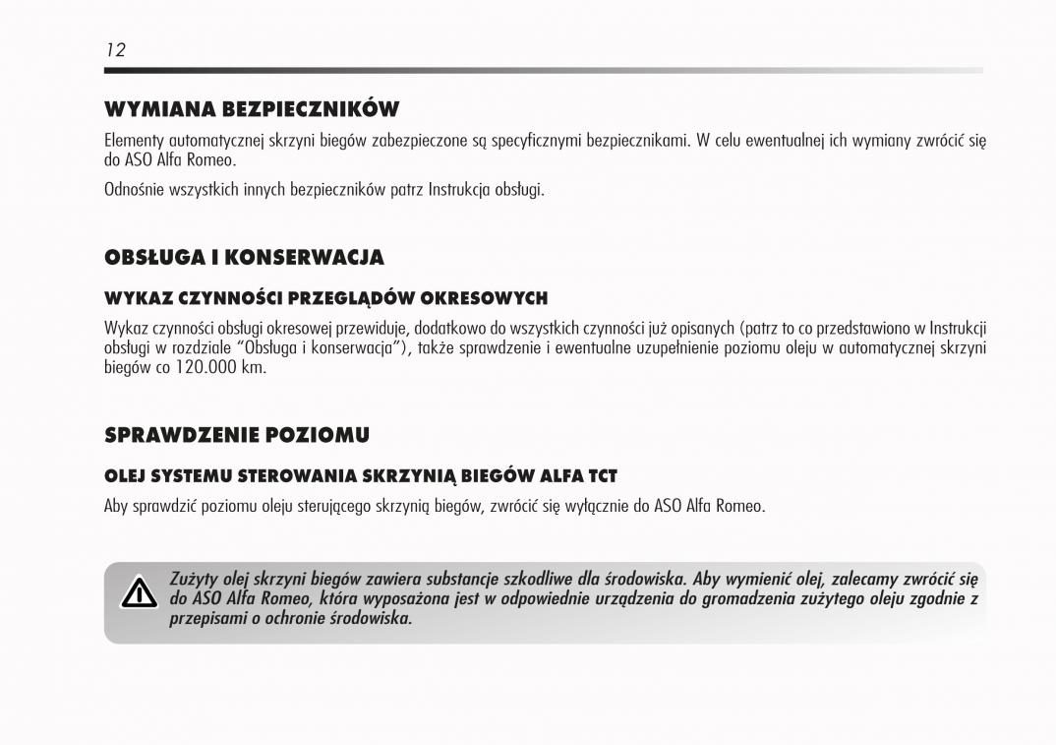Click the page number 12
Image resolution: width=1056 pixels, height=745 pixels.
(116, 50)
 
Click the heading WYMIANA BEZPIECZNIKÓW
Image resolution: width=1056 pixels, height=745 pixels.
(251, 108)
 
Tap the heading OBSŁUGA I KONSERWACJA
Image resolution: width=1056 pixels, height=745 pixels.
(244, 258)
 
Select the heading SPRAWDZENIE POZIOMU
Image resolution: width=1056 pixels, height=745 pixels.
(236, 434)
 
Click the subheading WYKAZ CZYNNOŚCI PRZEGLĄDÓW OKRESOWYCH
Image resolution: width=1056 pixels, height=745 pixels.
(325, 297)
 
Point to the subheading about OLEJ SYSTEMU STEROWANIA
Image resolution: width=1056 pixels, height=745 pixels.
(360, 476)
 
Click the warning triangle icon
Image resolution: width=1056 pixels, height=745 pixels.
(139, 594)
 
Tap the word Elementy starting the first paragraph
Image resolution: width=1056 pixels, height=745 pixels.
(133, 140)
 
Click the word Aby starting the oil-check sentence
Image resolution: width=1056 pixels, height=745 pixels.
(117, 506)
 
